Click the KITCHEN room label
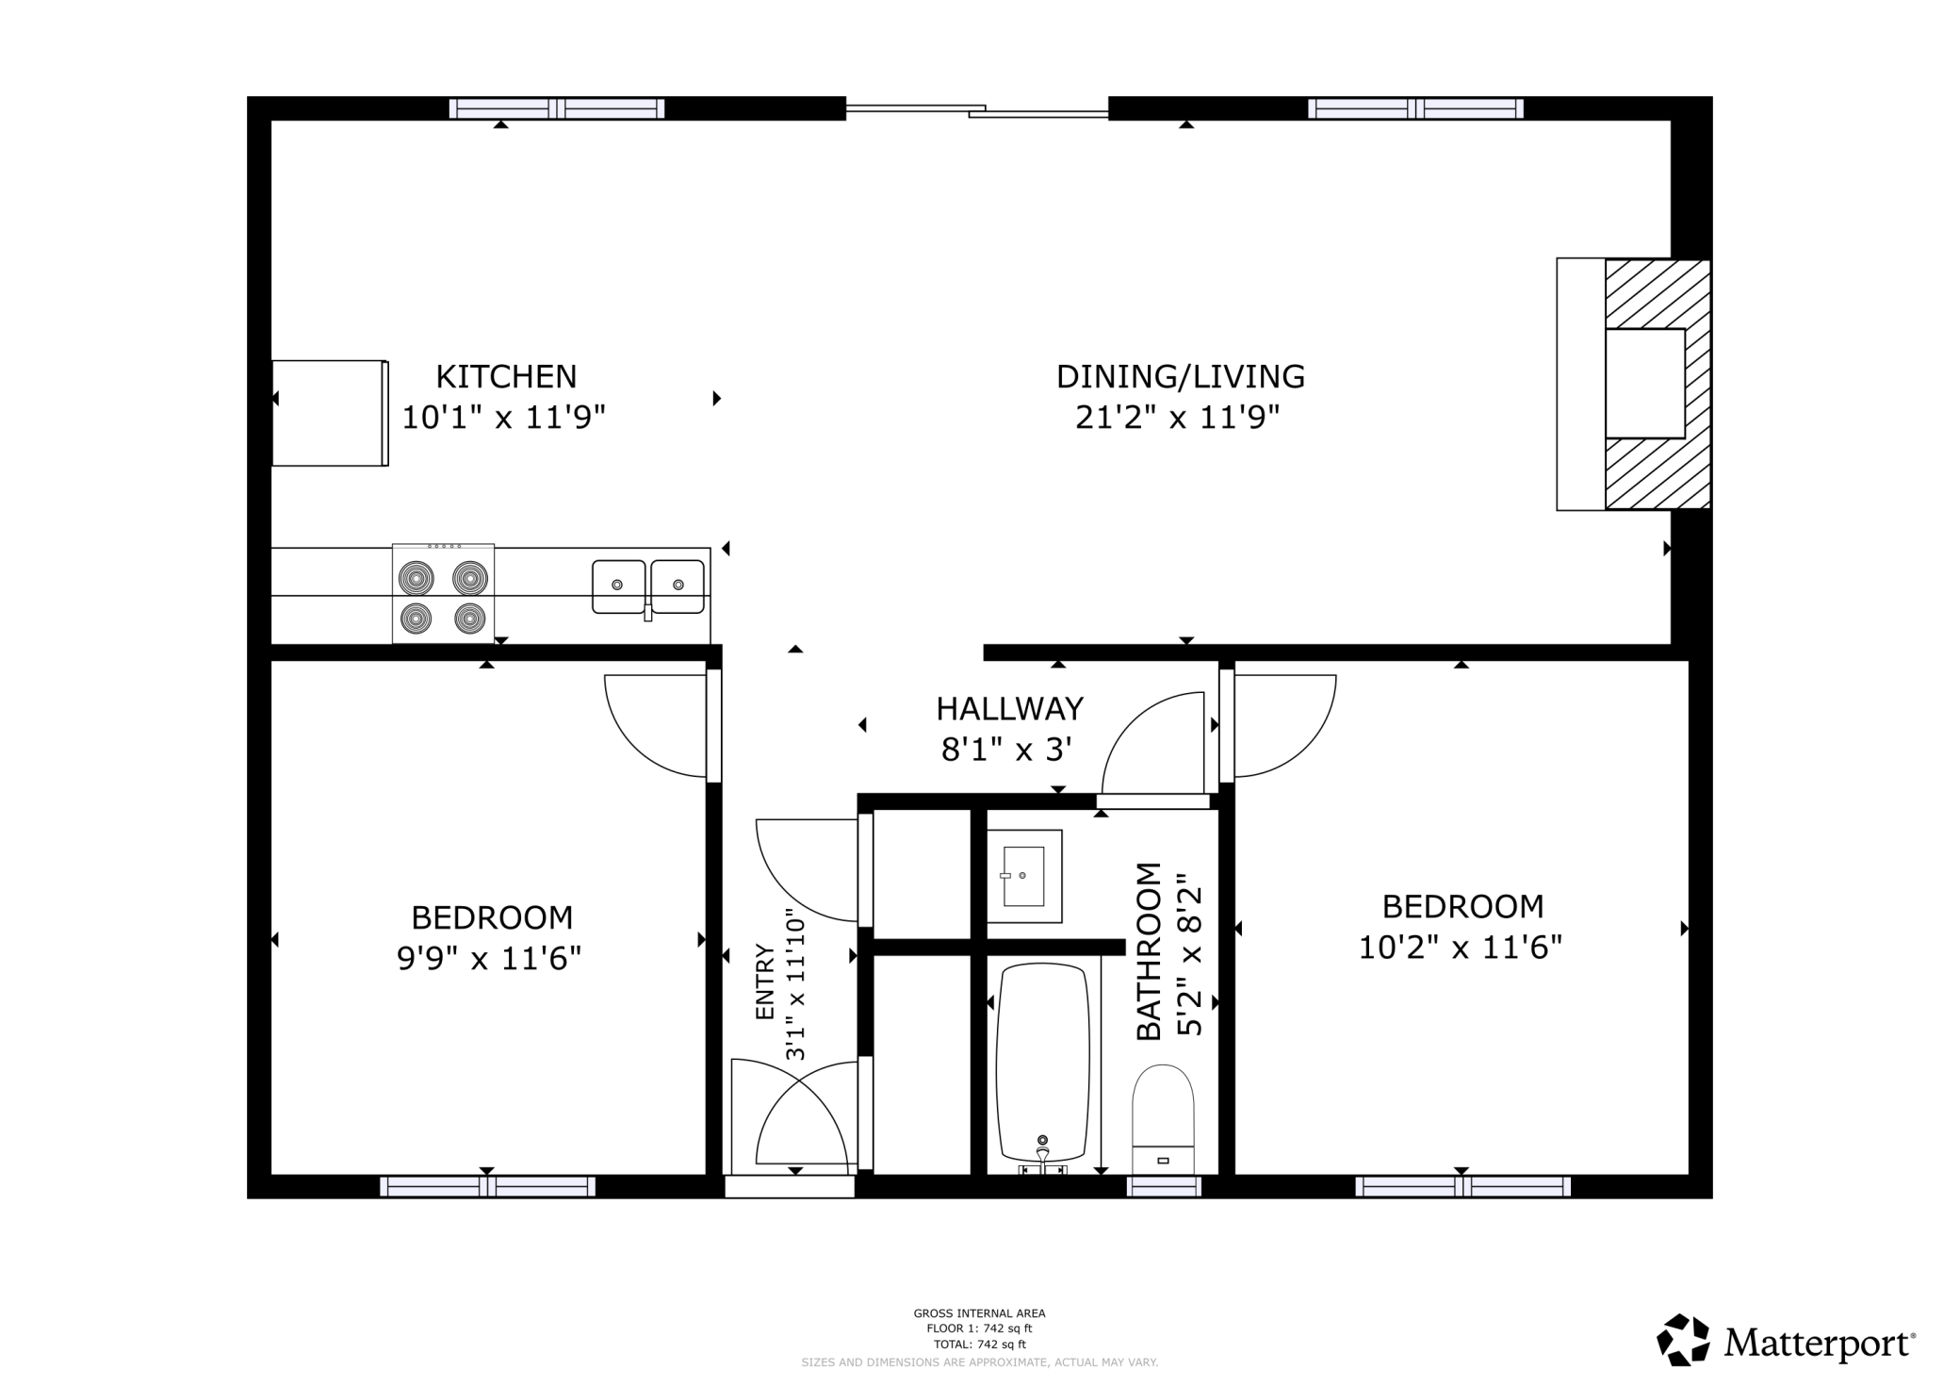click(505, 376)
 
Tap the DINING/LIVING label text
click(1180, 376)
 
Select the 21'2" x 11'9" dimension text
click(1178, 416)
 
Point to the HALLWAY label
click(1009, 708)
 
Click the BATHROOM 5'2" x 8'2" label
click(1169, 950)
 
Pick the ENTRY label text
click(764, 982)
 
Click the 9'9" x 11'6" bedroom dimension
click(489, 958)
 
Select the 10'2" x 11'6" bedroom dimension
click(1460, 947)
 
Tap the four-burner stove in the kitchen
click(443, 594)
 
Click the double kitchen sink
click(648, 586)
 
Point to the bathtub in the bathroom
click(1043, 1062)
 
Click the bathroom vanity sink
click(1023, 876)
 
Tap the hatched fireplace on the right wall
click(1657, 384)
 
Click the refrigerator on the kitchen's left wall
click(329, 413)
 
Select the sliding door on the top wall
click(976, 111)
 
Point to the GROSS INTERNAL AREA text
click(979, 1312)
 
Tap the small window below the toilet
click(1164, 1187)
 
